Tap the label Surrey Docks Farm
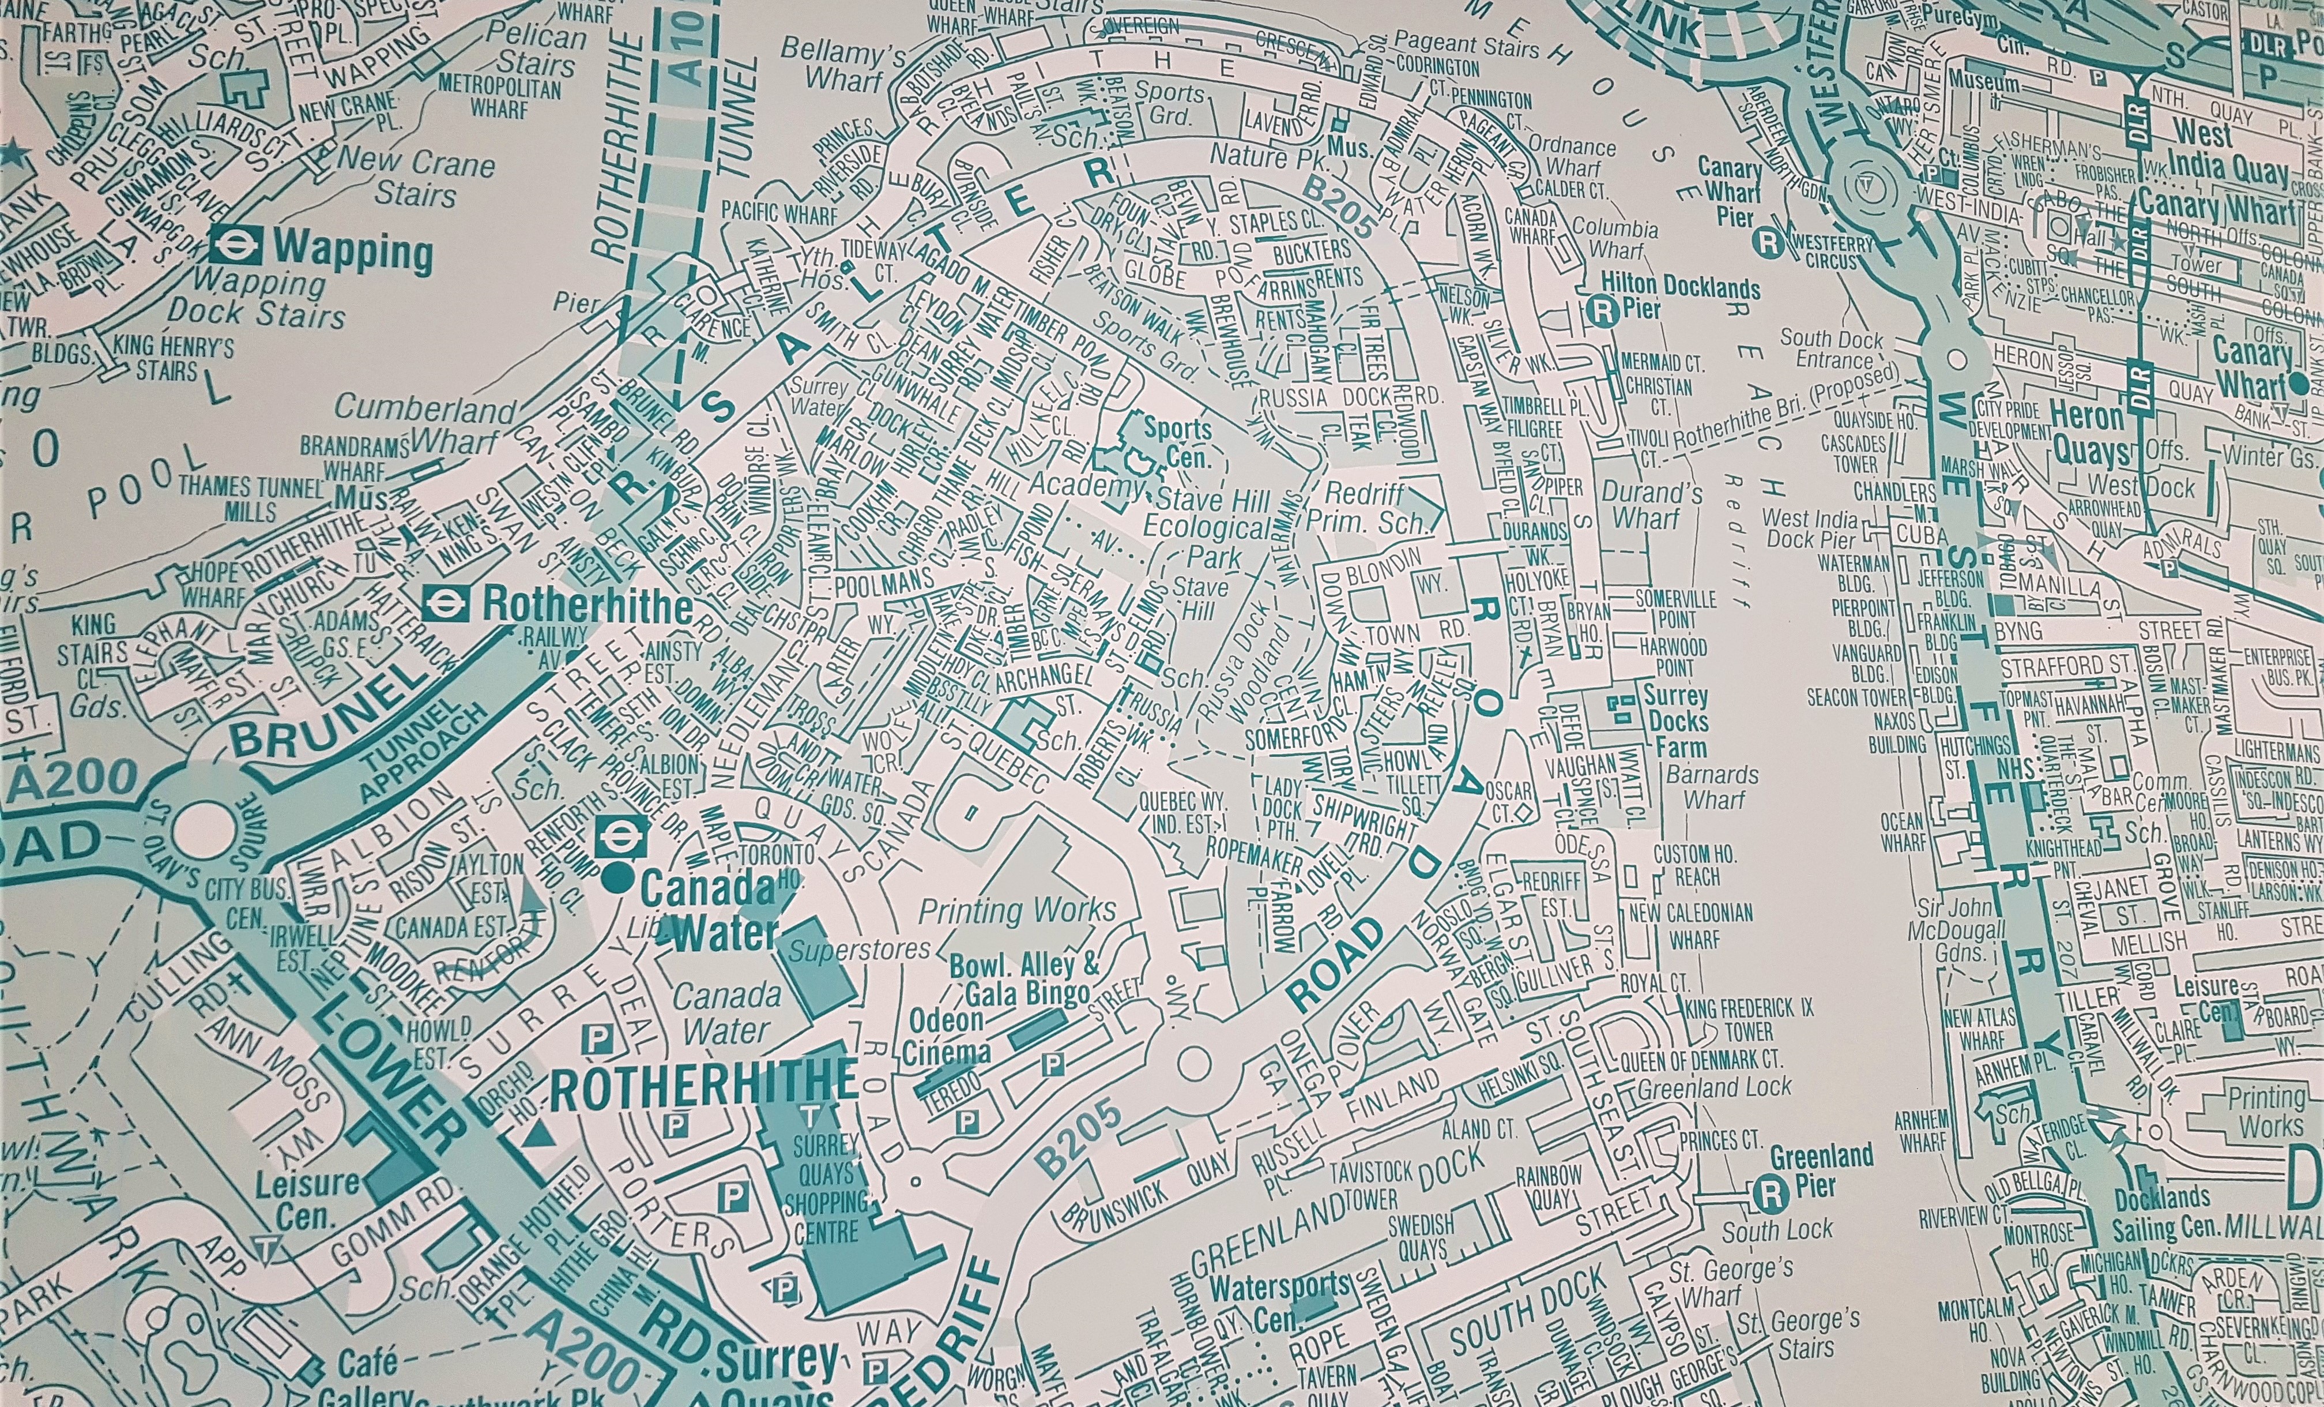tap(1675, 722)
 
